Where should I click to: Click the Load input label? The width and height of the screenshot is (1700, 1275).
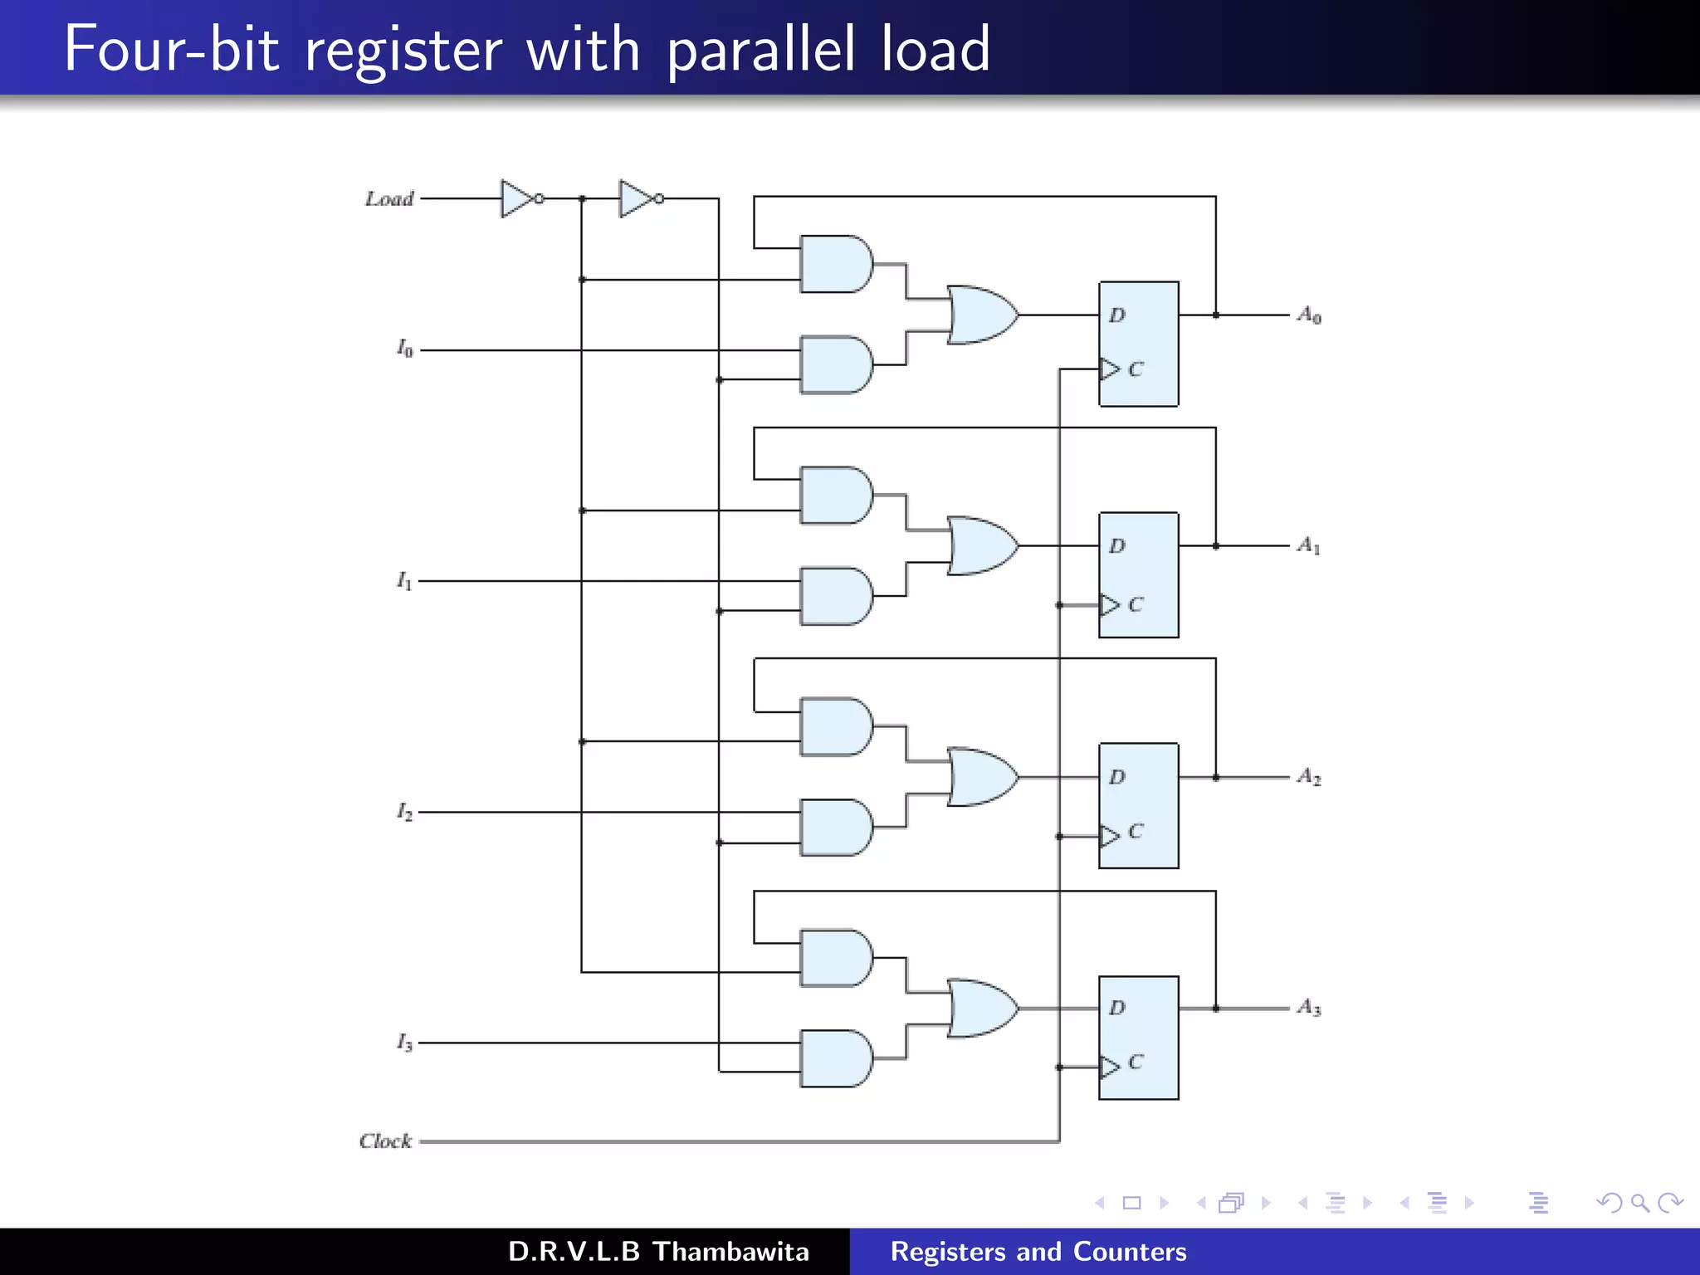[x=389, y=199]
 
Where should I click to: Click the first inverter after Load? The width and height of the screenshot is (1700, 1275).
[x=518, y=199]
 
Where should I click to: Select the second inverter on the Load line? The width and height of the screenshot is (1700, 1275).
[x=637, y=199]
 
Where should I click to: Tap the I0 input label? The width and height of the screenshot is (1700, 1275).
[x=404, y=349]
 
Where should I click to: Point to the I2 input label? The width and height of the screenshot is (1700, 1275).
[x=404, y=812]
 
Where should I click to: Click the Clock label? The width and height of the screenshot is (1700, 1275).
[x=385, y=1141]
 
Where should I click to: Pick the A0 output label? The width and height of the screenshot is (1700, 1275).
[x=1309, y=315]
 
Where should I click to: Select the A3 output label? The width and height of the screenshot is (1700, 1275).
[x=1309, y=1007]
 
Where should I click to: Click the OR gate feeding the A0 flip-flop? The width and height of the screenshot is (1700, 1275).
[x=981, y=315]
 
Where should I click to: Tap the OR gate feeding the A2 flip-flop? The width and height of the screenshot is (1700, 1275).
[x=981, y=778]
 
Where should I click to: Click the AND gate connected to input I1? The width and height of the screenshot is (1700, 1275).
[x=835, y=596]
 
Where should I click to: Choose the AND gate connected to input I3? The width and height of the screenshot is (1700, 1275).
[x=835, y=1058]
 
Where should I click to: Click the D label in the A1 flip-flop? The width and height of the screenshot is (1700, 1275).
[x=1117, y=546]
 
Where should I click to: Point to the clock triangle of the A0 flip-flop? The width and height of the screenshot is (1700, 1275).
[x=1109, y=369]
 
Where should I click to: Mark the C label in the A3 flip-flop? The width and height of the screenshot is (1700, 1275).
[x=1136, y=1062]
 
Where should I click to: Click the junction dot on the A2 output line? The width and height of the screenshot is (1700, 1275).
[x=1216, y=778]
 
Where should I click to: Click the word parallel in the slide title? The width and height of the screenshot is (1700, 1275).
[x=760, y=50]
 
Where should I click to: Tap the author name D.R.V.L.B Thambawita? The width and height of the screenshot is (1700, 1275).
[x=658, y=1251]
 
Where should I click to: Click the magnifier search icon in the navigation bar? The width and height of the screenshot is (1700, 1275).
[x=1639, y=1203]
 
